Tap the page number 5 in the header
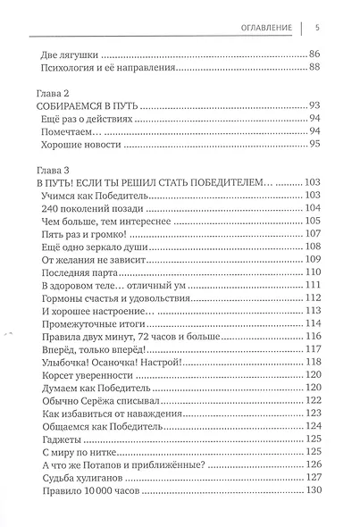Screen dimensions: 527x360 (318, 24)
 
